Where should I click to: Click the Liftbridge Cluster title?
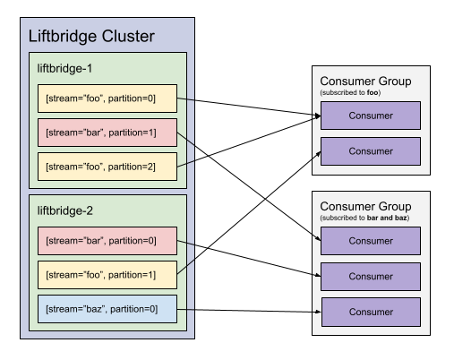(91, 37)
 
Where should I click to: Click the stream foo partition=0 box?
(107, 99)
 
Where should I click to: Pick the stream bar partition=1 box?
(107, 133)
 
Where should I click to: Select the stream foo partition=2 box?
(107, 166)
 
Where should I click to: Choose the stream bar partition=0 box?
(107, 241)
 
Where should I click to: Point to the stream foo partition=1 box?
(107, 275)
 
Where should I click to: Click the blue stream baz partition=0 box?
(107, 309)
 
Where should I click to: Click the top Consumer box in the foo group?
(370, 116)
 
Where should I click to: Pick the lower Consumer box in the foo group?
(370, 151)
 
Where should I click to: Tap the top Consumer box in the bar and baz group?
(370, 241)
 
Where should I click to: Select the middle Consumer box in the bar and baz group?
(370, 276)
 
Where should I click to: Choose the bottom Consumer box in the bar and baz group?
(370, 312)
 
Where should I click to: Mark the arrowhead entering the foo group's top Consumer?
(316, 116)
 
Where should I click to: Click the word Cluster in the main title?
(126, 37)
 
